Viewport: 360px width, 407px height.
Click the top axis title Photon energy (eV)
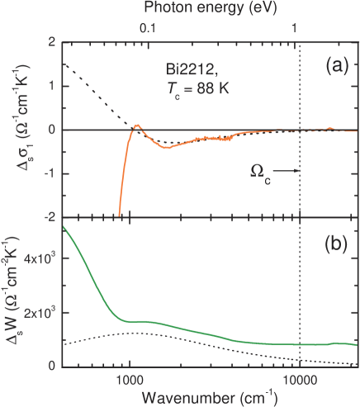210,9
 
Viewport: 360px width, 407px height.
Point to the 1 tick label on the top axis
296,28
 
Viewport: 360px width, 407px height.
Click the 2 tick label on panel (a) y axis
52,41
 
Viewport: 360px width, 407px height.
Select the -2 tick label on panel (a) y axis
50,217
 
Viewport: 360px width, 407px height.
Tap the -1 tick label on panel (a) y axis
50,173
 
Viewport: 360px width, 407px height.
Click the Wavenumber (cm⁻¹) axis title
210,395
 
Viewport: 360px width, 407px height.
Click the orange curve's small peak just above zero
137,125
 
